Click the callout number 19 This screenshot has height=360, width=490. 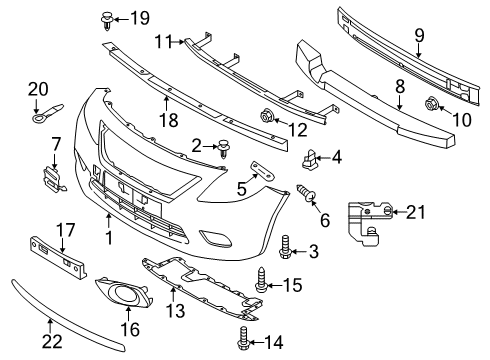pyautogui.click(x=139, y=17)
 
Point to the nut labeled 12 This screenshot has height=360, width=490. pyautogui.click(x=268, y=112)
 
